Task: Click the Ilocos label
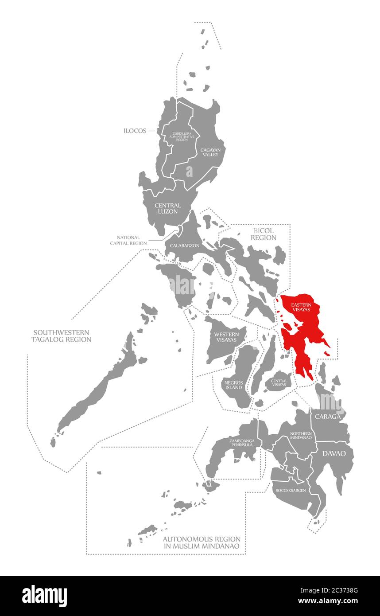[136, 131]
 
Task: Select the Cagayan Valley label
[210, 152]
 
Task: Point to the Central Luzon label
[167, 208]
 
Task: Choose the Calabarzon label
[184, 245]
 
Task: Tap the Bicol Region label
[264, 234]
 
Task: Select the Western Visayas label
[226, 337]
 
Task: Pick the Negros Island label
[233, 384]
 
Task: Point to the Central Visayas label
[279, 382]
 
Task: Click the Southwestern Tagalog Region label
[61, 336]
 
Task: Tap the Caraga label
[328, 417]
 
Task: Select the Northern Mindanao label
[301, 435]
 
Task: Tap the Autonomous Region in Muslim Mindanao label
[202, 542]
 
